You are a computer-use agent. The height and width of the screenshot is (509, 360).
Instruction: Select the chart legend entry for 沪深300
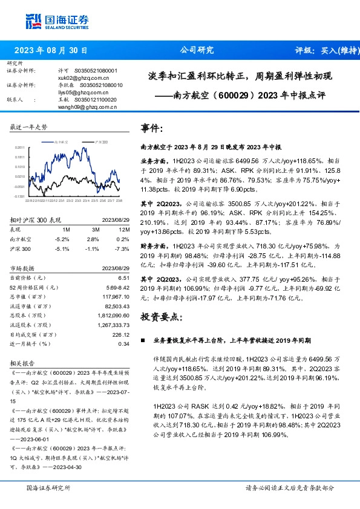(100, 140)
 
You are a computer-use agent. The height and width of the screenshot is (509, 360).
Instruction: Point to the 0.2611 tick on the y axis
(20, 147)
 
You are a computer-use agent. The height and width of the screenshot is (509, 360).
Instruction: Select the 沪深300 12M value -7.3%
(122, 248)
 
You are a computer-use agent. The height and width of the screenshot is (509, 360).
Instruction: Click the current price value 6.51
(124, 277)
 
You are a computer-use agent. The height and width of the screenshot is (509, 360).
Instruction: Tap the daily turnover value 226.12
(121, 334)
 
